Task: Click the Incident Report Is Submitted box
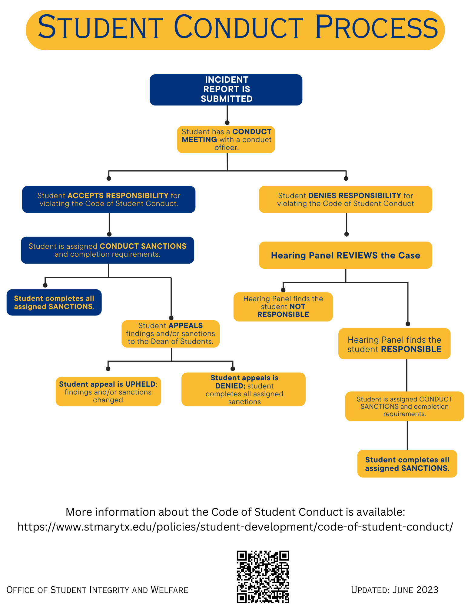226,90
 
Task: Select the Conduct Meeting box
226,139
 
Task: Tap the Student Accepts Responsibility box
109,199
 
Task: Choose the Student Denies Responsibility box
345,199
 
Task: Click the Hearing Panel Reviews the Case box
345,255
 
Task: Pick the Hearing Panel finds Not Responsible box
283,307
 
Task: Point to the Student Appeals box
171,334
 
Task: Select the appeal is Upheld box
108,391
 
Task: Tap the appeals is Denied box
244,389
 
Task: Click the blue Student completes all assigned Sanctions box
54,302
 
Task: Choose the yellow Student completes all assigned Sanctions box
407,464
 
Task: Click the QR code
263,577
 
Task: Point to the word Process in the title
377,28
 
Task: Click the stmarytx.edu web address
235,527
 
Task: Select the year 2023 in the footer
427,590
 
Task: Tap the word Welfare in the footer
169,590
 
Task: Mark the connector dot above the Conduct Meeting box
227,123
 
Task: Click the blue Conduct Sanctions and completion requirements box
108,250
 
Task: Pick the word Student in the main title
100,28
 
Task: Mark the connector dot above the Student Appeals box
171,318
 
